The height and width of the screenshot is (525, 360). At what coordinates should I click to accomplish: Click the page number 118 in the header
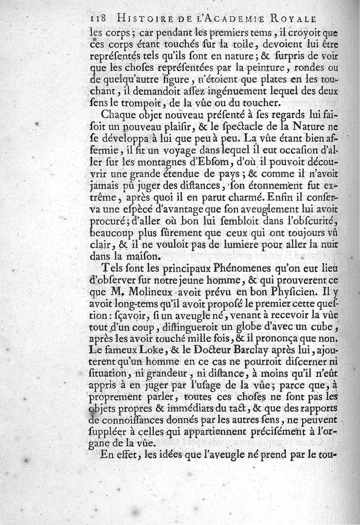(x=98, y=19)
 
